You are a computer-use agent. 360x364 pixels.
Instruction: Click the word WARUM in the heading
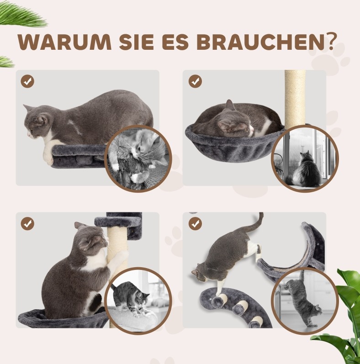click(x=64, y=42)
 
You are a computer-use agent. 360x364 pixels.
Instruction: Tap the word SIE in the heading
click(x=136, y=42)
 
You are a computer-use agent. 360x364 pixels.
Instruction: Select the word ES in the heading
click(x=175, y=42)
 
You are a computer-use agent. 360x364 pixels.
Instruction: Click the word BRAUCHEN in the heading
click(x=259, y=42)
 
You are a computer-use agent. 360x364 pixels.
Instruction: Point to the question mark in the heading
click(x=328, y=42)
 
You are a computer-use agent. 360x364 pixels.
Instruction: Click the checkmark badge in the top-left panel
click(x=27, y=81)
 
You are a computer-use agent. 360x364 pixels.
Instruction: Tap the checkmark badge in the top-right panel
click(x=195, y=81)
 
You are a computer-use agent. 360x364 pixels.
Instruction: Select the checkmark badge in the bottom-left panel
click(x=27, y=224)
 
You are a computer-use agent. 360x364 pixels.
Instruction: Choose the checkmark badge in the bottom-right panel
click(x=195, y=224)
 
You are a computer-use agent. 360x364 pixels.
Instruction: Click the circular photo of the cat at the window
click(x=305, y=158)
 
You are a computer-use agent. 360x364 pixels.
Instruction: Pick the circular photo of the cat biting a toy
click(x=138, y=158)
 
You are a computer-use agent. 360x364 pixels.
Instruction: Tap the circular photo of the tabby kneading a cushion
click(x=138, y=301)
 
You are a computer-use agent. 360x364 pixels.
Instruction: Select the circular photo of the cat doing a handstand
click(x=305, y=301)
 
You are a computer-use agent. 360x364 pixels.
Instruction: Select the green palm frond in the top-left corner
click(x=23, y=16)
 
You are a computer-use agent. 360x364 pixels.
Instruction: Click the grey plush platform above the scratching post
click(x=118, y=222)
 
